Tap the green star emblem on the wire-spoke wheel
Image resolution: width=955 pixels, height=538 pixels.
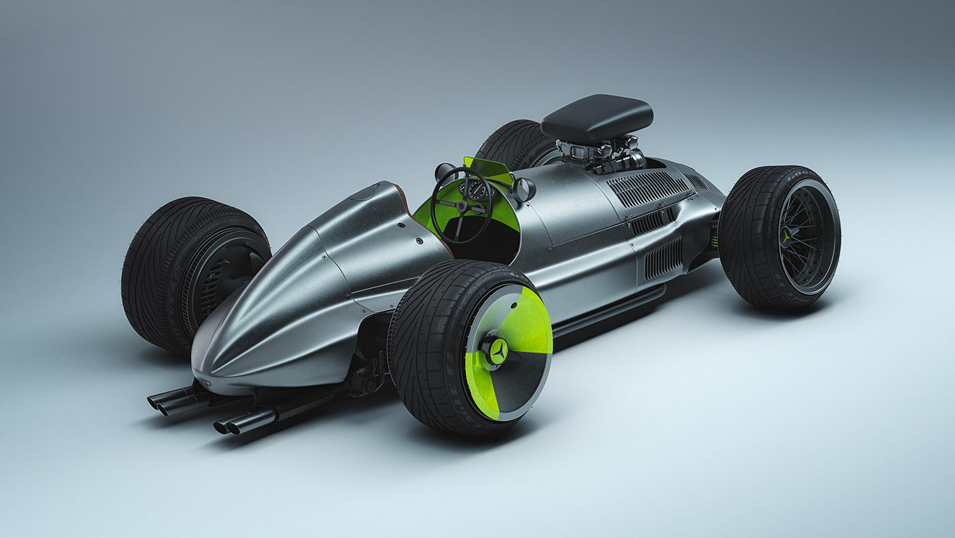tap(786, 238)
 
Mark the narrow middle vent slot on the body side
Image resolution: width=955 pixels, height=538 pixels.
tap(653, 221)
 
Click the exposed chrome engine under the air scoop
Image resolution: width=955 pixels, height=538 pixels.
tap(600, 154)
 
